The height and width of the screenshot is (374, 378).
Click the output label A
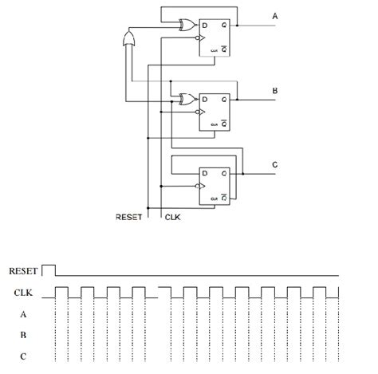tap(275, 16)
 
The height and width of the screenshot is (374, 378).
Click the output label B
tap(275, 91)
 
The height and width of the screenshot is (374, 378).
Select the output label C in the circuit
tap(275, 164)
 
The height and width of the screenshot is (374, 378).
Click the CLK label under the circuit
tap(173, 217)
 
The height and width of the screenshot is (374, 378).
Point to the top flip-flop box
tap(215, 37)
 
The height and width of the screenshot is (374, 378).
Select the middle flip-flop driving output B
tap(215, 111)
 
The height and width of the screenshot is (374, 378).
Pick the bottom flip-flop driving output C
tap(215, 185)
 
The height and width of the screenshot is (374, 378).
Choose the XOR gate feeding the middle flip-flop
tap(188, 100)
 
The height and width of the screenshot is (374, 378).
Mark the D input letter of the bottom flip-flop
tap(205, 173)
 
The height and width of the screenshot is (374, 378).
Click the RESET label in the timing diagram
tap(23, 271)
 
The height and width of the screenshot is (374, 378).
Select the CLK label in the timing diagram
tap(24, 293)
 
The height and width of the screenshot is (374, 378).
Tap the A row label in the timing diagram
tap(23, 314)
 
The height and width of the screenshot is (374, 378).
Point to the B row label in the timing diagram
tap(23, 335)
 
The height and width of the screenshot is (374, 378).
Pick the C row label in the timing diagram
tap(23, 356)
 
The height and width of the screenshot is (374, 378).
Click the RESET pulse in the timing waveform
tap(49, 270)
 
